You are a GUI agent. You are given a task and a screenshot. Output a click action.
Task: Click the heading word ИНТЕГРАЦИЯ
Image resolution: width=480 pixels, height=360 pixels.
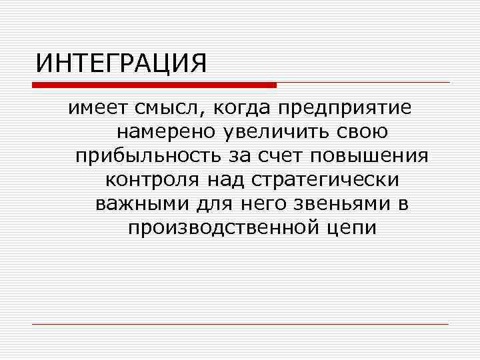[122, 64]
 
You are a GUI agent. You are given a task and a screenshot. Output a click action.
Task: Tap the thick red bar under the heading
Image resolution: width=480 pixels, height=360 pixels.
[154, 85]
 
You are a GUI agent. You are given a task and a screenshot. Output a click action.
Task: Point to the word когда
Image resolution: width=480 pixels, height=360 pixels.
[243, 108]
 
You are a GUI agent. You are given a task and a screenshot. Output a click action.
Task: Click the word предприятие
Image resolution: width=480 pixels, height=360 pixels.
[346, 108]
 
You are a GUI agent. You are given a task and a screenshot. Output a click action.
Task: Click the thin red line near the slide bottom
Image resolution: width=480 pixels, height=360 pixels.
[240, 325]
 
